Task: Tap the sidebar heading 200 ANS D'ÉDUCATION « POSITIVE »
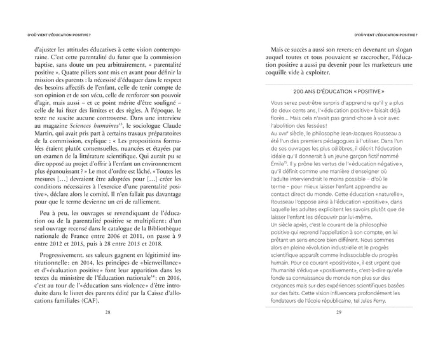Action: [x=339, y=91]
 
